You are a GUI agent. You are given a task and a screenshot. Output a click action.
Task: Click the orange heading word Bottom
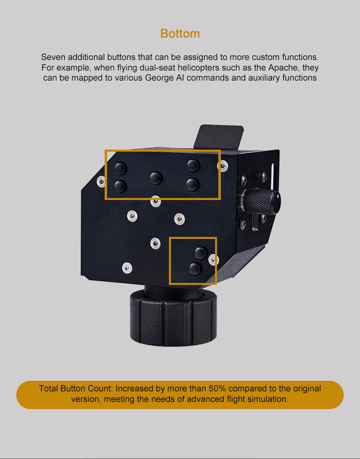(x=180, y=34)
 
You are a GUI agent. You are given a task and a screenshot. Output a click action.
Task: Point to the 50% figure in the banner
(x=217, y=388)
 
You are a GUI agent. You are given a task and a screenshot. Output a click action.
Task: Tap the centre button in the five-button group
(x=156, y=177)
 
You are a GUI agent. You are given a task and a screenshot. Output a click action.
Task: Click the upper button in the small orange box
(x=201, y=253)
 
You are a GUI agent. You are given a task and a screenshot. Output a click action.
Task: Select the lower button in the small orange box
(x=195, y=269)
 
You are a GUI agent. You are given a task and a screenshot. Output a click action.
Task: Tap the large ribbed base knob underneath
(x=173, y=318)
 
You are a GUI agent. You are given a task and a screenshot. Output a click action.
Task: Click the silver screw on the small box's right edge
(x=213, y=259)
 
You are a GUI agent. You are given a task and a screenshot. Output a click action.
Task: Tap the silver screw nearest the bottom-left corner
(x=127, y=268)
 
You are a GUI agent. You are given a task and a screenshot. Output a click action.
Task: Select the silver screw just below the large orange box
(x=156, y=201)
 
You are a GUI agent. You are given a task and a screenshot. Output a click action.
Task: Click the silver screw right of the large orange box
(x=223, y=165)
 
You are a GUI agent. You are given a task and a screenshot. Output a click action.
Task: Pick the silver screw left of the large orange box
(x=101, y=181)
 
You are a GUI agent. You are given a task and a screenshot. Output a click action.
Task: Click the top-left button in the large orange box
(x=120, y=168)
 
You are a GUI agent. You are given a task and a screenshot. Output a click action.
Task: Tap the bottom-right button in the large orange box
(x=192, y=184)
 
